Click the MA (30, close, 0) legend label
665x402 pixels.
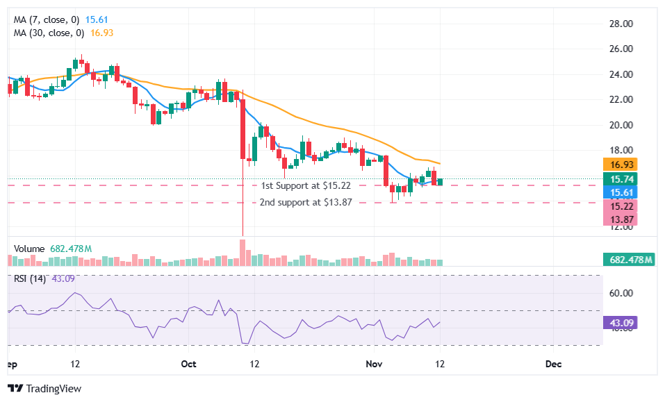(x=49, y=33)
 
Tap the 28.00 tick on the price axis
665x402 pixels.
(x=621, y=24)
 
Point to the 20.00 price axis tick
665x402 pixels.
(x=621, y=125)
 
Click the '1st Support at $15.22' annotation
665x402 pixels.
(x=306, y=185)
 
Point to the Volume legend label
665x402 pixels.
(x=29, y=249)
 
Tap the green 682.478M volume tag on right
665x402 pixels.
(x=628, y=260)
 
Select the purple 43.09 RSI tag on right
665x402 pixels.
(x=619, y=323)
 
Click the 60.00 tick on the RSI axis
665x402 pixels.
(x=621, y=293)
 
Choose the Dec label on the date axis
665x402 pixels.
(x=553, y=364)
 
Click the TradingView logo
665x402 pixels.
(x=44, y=388)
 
